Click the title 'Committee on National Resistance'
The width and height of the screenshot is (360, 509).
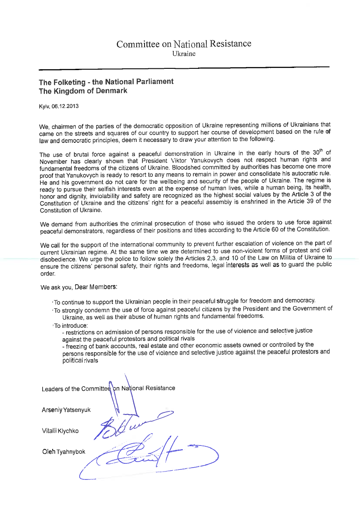coord(183,44)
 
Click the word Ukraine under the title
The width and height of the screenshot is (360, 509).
coord(184,54)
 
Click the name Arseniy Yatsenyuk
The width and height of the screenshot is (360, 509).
coord(66,410)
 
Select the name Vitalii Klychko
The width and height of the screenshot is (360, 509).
coord(61,431)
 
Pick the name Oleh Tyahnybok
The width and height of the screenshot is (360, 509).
coord(64,452)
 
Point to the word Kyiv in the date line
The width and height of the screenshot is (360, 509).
coord(44,106)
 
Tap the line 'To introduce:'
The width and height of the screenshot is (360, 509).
coord(71,325)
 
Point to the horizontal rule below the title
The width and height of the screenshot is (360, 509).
coord(184,68)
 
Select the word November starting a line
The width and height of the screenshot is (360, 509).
coord(53,160)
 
